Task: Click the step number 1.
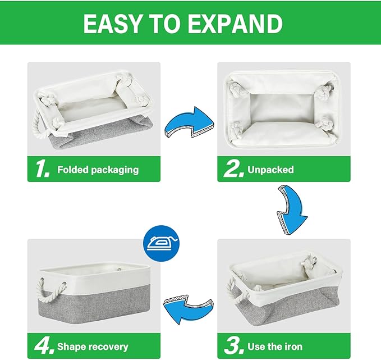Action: point(41,170)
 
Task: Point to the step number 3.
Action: point(233,347)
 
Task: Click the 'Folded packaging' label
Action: point(98,170)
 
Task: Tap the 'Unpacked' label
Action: point(272,170)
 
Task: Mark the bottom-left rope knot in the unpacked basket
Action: point(237,125)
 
